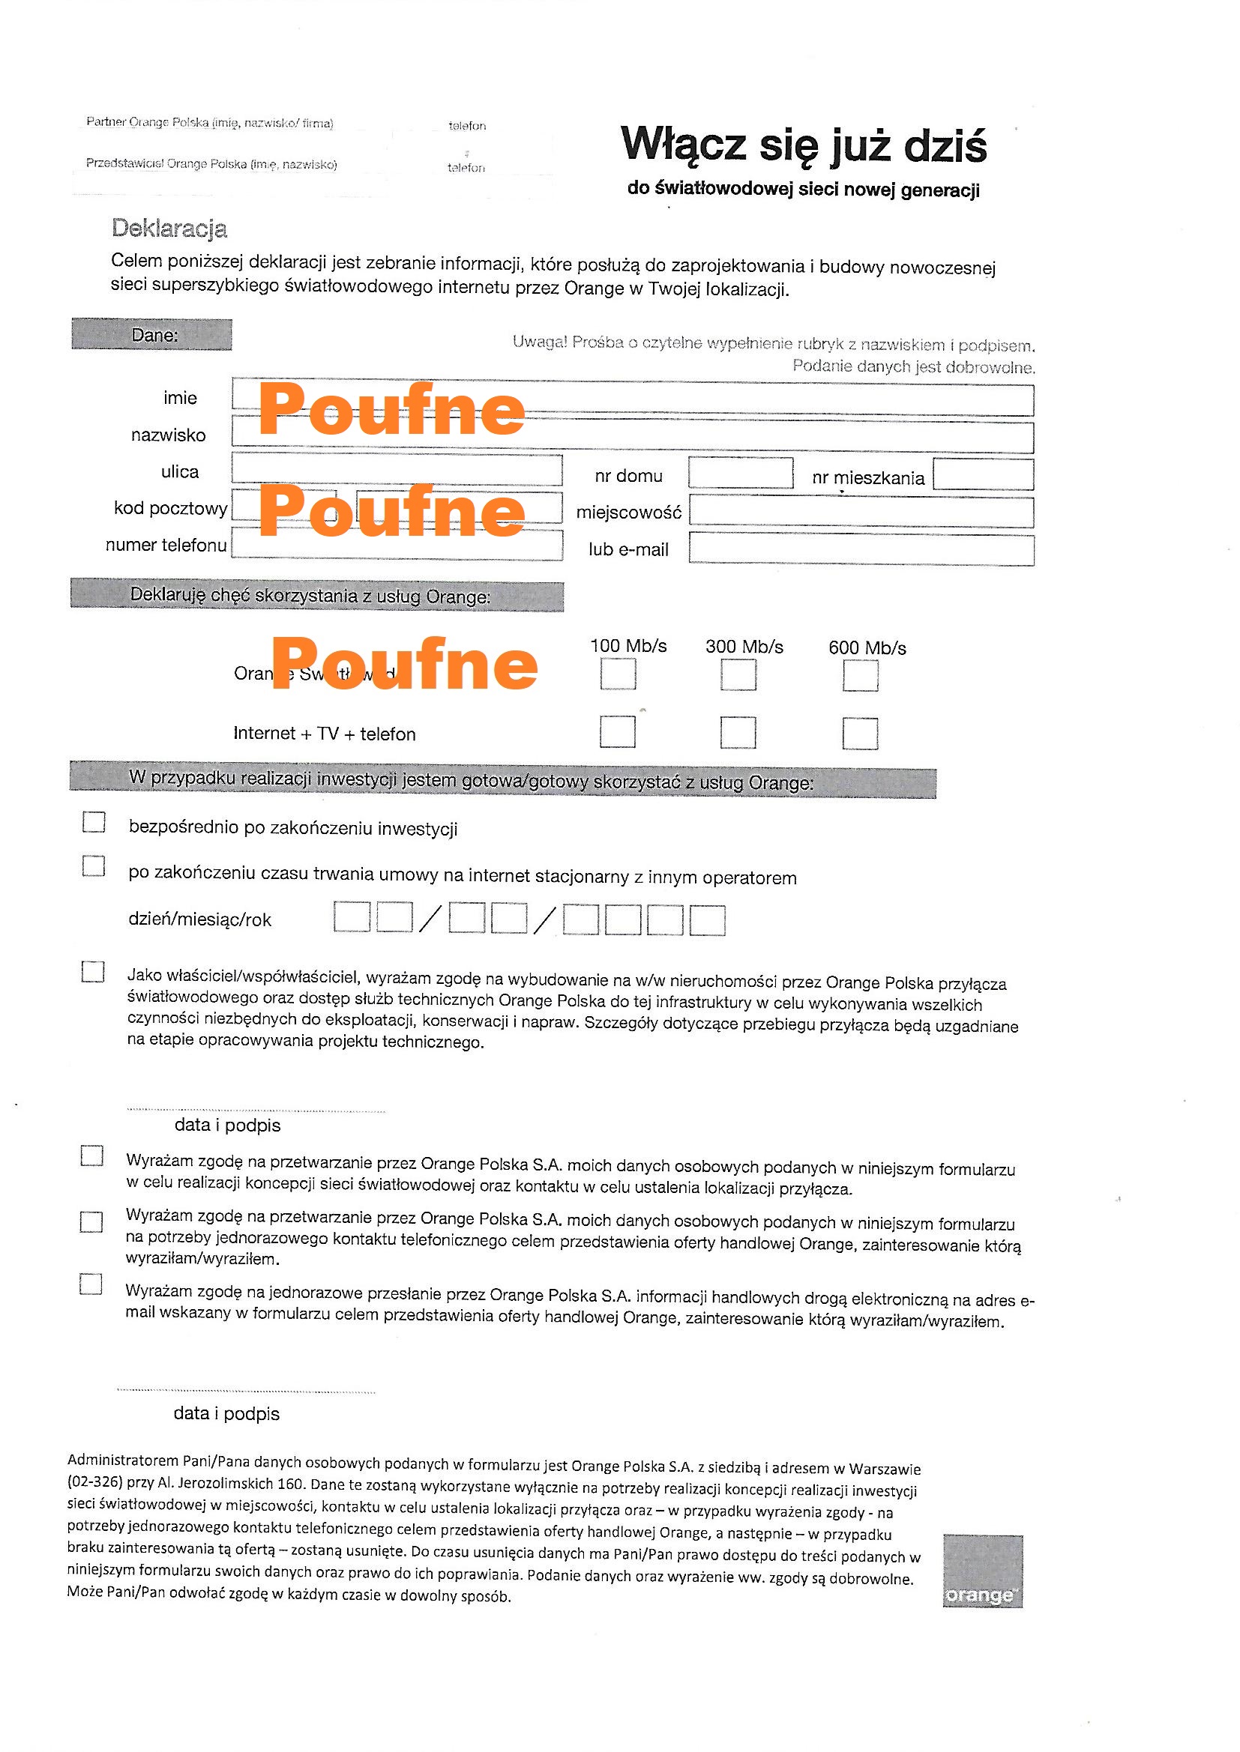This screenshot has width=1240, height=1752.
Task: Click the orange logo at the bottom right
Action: coord(982,1571)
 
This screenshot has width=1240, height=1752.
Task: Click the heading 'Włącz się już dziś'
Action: coord(803,145)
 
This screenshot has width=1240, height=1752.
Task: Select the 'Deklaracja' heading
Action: coord(169,228)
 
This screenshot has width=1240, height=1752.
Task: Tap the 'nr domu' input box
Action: coord(740,473)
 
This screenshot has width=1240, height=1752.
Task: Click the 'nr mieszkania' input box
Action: coord(983,474)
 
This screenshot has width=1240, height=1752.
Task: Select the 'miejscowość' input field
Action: coord(861,512)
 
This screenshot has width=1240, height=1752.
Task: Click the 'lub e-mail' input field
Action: coord(861,549)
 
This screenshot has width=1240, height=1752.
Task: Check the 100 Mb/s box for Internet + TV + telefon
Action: coord(617,732)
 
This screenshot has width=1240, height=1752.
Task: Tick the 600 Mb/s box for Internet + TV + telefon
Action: coord(860,734)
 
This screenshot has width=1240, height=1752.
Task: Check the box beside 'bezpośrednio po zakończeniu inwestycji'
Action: coord(94,822)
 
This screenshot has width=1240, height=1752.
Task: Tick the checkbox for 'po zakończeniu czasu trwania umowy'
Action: coord(94,866)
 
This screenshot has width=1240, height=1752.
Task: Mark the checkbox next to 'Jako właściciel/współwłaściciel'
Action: coord(93,971)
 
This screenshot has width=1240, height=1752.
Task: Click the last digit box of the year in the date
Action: coord(707,920)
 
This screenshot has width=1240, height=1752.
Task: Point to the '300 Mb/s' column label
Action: coord(744,646)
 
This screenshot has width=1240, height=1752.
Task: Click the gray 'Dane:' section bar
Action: coord(152,334)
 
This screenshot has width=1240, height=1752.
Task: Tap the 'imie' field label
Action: coord(180,398)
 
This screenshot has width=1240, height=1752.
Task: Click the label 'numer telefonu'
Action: coord(166,545)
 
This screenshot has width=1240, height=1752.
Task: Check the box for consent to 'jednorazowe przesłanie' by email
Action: coord(91,1284)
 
